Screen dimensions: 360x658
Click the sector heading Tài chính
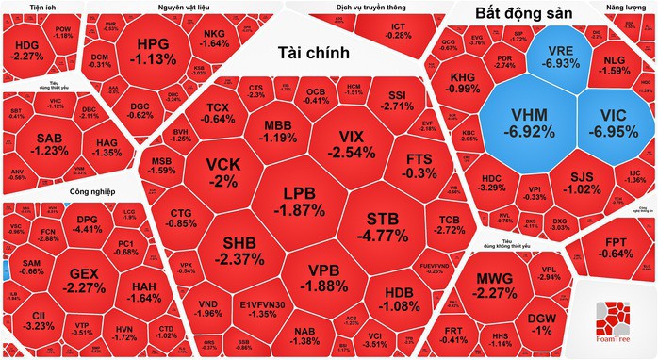point(315,53)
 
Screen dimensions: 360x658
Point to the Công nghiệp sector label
point(92,191)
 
